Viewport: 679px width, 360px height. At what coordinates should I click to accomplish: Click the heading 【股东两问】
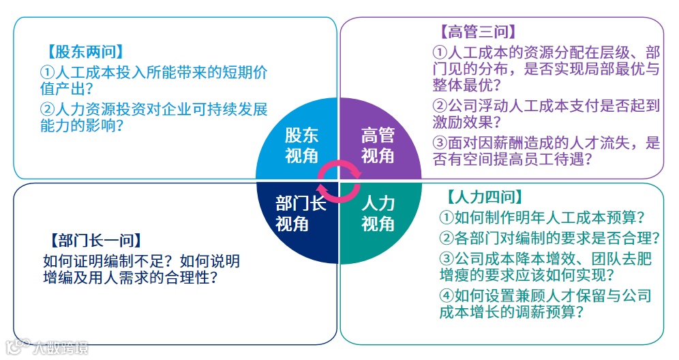coord(85,51)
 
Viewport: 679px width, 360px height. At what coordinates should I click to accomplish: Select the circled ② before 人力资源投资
coord(47,109)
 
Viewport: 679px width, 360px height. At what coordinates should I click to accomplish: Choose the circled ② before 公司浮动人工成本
coord(440,106)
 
